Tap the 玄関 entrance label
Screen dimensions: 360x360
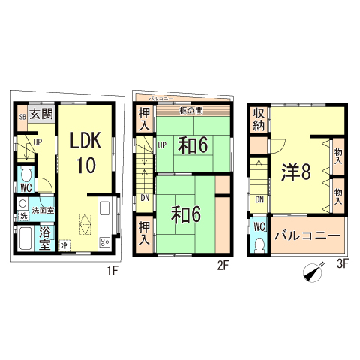42,115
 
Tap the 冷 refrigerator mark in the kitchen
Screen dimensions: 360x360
65,245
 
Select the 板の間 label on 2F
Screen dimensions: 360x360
190,112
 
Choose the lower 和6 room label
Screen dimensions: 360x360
184,214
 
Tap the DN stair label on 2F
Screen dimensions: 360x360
143,198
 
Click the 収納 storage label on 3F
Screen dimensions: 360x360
259,120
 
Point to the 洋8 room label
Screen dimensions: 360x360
295,172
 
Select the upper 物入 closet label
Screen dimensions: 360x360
338,156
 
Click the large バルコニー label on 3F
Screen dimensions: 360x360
307,235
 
